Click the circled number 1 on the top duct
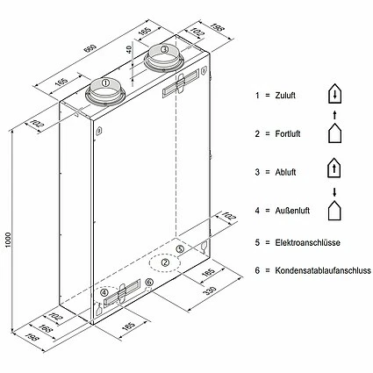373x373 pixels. [x=105, y=82]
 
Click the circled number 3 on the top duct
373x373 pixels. [x=164, y=49]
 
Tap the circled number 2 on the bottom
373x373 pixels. [x=166, y=262]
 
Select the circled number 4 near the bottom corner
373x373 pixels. [x=104, y=292]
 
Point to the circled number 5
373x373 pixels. [x=180, y=249]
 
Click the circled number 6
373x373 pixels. [x=149, y=282]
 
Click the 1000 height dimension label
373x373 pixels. [x=8, y=240]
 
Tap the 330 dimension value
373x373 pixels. [x=210, y=291]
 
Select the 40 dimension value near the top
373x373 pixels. [x=130, y=49]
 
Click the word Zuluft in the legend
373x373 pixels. [x=285, y=96]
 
